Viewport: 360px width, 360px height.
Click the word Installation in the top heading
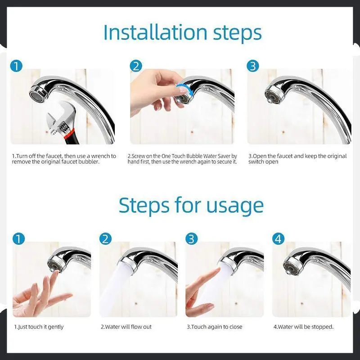coord(155,32)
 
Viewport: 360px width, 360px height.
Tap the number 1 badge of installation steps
coord(16,66)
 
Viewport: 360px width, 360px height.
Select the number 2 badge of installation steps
coord(136,66)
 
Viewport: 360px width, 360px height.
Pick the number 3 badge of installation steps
coord(253,66)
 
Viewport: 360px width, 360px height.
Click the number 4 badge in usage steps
coord(278,238)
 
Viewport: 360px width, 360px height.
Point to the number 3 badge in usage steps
coord(192,238)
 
